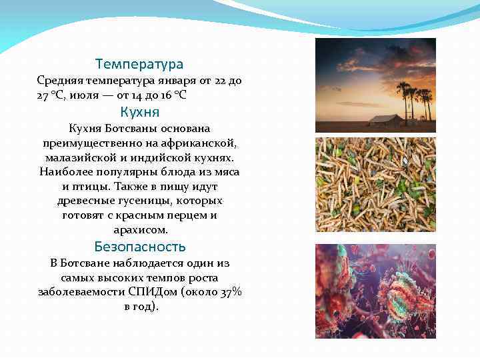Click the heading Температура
(x=139, y=65)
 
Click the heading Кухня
(x=139, y=111)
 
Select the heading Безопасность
(x=139, y=247)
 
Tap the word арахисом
(x=139, y=230)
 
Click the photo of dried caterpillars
(x=375, y=185)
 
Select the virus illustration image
(x=375, y=291)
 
